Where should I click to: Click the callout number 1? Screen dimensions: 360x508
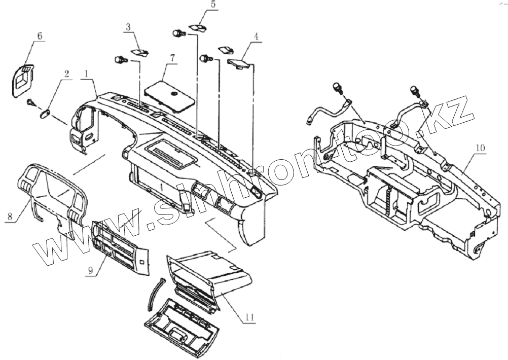coord(88,74)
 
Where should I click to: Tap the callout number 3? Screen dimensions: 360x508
coord(128,26)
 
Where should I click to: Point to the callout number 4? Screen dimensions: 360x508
coord(256,38)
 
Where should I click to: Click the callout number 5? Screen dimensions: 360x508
coord(213,4)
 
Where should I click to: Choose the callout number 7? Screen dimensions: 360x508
coord(172,58)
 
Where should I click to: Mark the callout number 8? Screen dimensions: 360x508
coord(9,217)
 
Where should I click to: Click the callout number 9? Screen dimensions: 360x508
coord(90,271)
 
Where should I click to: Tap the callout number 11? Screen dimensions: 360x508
coord(249,318)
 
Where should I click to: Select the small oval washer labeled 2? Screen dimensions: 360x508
coord(44,112)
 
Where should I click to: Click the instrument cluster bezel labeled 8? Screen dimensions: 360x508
coord(51,193)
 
